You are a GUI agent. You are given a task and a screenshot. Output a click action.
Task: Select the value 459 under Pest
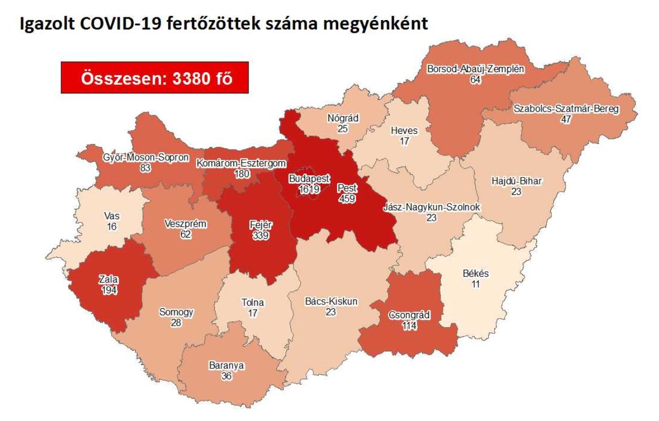coord(348,199)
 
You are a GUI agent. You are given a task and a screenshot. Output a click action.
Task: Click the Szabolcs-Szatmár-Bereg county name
coord(567,109)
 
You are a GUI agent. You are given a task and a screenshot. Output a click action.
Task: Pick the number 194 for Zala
coord(109,289)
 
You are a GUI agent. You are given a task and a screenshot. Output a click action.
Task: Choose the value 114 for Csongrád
coord(410,326)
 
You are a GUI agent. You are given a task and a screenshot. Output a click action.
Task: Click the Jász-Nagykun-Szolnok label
coord(431,207)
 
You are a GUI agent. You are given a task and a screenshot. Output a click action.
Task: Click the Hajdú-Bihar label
coord(516,182)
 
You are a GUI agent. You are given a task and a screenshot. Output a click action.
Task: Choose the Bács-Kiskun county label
coord(331,302)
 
